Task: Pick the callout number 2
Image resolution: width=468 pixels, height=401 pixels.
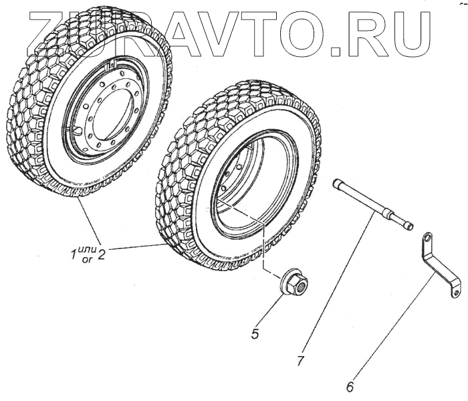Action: pyautogui.click(x=102, y=254)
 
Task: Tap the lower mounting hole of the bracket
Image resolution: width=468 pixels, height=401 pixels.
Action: pyautogui.click(x=454, y=292)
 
